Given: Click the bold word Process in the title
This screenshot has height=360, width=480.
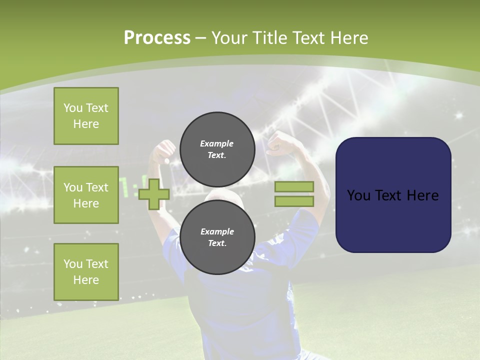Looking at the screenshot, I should pos(157,38).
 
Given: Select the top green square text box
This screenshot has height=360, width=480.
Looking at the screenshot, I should pos(86,116).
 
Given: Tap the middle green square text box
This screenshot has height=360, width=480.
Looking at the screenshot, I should pos(86,195).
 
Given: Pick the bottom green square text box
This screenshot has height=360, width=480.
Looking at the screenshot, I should pos(86,271).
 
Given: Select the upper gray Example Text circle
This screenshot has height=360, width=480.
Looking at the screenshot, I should pos(217,149).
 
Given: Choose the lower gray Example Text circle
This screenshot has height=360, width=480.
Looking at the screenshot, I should pos(217,237).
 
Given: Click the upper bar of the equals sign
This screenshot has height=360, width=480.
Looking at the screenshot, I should pos(294,187).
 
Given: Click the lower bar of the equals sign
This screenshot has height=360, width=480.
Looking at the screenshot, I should pos(294,201).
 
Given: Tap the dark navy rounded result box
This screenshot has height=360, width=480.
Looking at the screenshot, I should pos(393,195).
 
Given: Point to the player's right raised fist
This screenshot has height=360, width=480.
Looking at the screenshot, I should pos(279,144).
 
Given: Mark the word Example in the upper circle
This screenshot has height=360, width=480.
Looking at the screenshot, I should pos(217,143).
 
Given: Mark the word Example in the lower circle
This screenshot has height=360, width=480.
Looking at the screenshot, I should pos(217,231).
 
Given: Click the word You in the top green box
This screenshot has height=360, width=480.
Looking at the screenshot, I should pos(73,108).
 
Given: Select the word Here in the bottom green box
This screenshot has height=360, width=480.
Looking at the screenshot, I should pos(86,280).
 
